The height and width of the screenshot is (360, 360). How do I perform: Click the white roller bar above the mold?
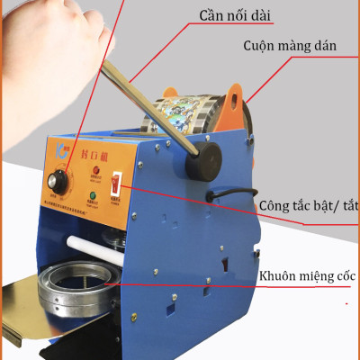(x=90, y=241)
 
